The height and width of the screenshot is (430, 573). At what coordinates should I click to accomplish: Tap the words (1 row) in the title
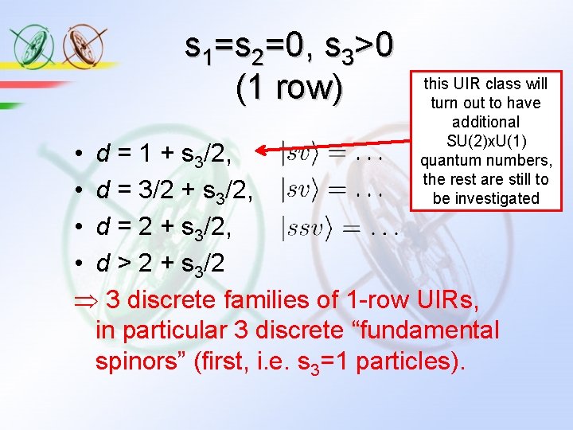click(289, 88)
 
